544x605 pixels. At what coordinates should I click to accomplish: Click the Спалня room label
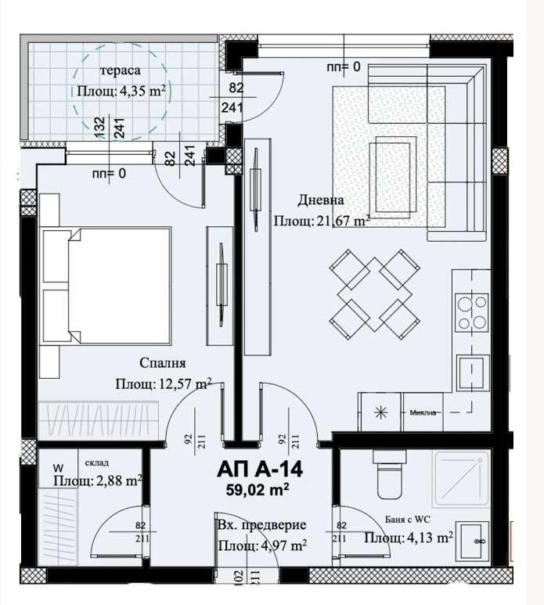coord(162,363)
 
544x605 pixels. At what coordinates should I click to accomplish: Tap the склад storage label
coord(98,463)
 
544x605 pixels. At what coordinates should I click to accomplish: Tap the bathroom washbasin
coord(474,539)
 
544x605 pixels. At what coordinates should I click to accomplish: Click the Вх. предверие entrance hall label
coord(261,525)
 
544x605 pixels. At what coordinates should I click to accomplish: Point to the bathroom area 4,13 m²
coord(409,538)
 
